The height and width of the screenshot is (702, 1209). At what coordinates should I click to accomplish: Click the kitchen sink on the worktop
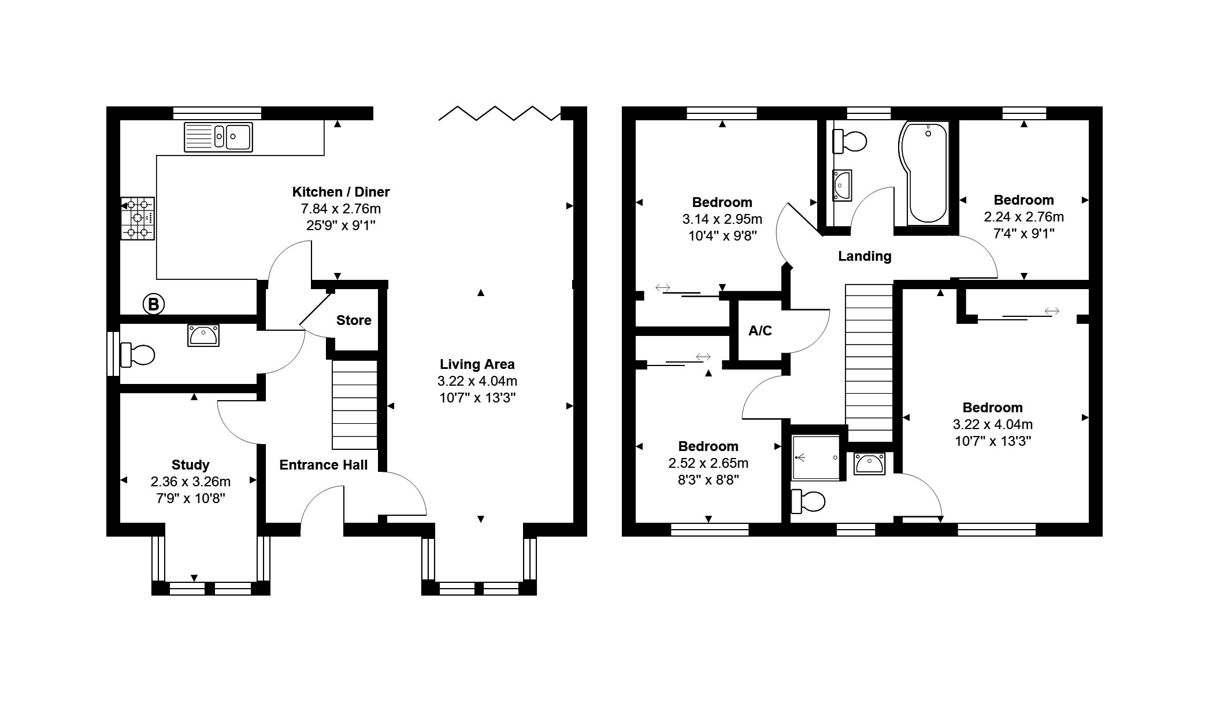click(x=218, y=137)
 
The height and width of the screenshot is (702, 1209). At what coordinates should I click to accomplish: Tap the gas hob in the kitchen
click(x=138, y=218)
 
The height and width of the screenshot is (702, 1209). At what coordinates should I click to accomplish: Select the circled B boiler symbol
click(x=153, y=304)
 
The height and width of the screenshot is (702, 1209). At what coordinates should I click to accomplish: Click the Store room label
click(x=354, y=320)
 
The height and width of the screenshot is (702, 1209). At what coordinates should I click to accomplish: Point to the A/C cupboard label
click(x=760, y=331)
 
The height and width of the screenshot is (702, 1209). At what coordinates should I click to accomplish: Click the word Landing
click(x=865, y=256)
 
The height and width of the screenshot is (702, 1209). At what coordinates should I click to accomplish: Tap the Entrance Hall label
click(x=324, y=465)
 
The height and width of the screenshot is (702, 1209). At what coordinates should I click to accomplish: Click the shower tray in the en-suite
click(x=815, y=457)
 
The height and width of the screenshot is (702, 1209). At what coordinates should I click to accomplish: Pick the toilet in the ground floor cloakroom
click(x=137, y=355)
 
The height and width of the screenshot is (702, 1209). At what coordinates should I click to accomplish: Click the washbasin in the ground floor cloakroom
click(x=203, y=335)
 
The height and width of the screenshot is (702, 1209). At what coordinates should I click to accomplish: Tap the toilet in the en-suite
click(x=807, y=501)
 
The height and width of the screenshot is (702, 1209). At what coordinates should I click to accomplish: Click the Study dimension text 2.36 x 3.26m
click(x=191, y=482)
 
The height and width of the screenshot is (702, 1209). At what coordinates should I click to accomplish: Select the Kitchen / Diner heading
click(x=341, y=192)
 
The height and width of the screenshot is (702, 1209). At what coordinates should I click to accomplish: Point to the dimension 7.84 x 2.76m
click(x=341, y=209)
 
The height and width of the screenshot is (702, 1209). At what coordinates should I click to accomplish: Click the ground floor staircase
click(x=354, y=404)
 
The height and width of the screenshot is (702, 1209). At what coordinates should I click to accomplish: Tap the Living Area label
click(x=477, y=364)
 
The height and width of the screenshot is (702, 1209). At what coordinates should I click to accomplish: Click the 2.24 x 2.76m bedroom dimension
click(x=1024, y=217)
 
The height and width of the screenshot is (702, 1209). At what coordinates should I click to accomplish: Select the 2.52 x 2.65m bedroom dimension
click(x=709, y=463)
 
